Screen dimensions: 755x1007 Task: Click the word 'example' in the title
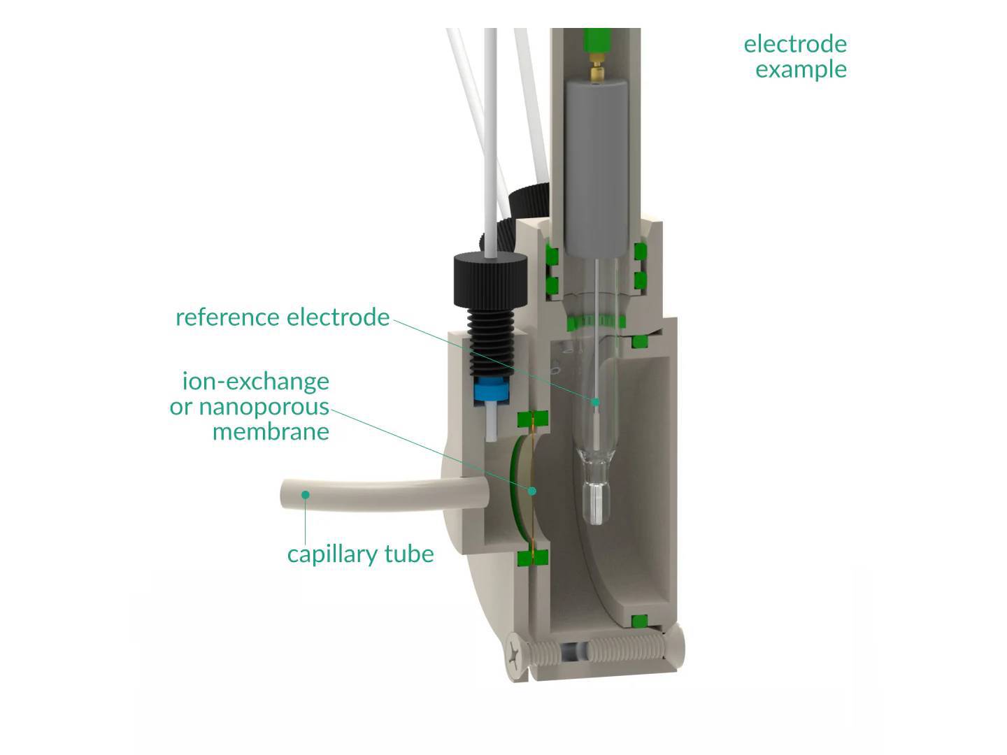pyautogui.click(x=801, y=69)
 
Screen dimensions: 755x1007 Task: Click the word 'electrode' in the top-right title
pyautogui.click(x=795, y=44)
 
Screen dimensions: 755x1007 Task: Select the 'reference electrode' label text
pyautogui.click(x=282, y=317)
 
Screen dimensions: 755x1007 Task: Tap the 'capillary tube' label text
pyautogui.click(x=360, y=554)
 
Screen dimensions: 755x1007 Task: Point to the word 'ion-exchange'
pyautogui.click(x=255, y=381)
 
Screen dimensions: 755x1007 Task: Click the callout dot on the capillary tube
pyautogui.click(x=306, y=495)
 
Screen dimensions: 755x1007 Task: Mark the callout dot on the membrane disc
pyautogui.click(x=532, y=491)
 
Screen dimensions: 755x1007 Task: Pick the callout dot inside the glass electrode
pyautogui.click(x=596, y=402)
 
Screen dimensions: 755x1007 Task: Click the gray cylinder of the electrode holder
pyautogui.click(x=596, y=168)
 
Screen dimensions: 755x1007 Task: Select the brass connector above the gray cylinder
pyautogui.click(x=596, y=70)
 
